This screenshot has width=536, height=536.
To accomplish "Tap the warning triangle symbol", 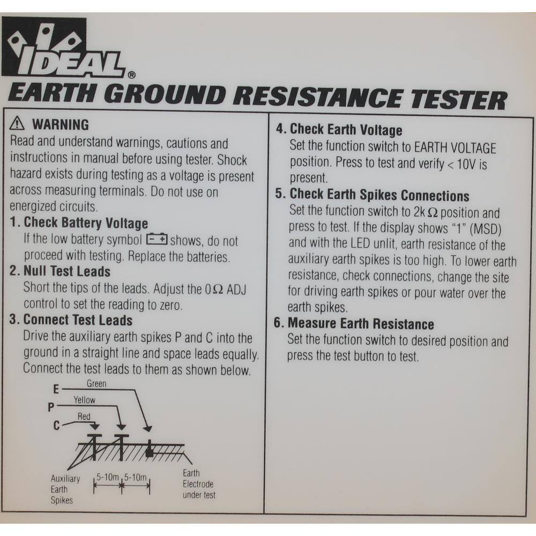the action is pyautogui.click(x=17, y=123).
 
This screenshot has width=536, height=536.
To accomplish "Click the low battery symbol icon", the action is pyautogui.click(x=157, y=239).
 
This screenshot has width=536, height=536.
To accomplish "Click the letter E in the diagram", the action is pyautogui.click(x=56, y=389).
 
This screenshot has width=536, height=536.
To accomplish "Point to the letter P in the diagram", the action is pyautogui.click(x=51, y=407).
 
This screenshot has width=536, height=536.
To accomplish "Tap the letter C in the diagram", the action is pyautogui.click(x=56, y=426).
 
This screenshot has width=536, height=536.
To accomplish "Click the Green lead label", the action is pyautogui.click(x=96, y=384).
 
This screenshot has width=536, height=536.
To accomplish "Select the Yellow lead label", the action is pyautogui.click(x=85, y=400).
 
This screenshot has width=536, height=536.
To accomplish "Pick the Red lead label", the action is pyautogui.click(x=84, y=416).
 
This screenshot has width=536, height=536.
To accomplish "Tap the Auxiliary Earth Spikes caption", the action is pyautogui.click(x=65, y=489).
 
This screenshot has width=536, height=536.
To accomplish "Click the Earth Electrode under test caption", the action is pyautogui.click(x=199, y=484).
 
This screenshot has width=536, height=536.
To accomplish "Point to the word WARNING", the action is pyautogui.click(x=61, y=124).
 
